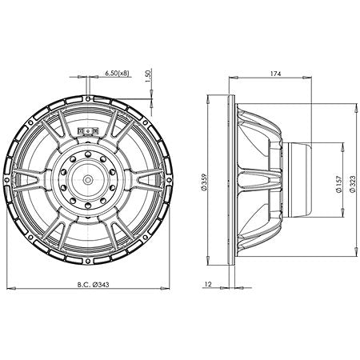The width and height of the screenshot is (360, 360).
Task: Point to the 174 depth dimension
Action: (274, 73)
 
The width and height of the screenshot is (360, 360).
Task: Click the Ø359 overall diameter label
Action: (205, 184)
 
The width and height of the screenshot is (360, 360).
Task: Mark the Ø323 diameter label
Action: (352, 184)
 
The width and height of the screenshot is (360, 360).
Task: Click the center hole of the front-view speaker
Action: (86, 181)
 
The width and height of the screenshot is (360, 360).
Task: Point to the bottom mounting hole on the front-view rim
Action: (86, 264)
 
